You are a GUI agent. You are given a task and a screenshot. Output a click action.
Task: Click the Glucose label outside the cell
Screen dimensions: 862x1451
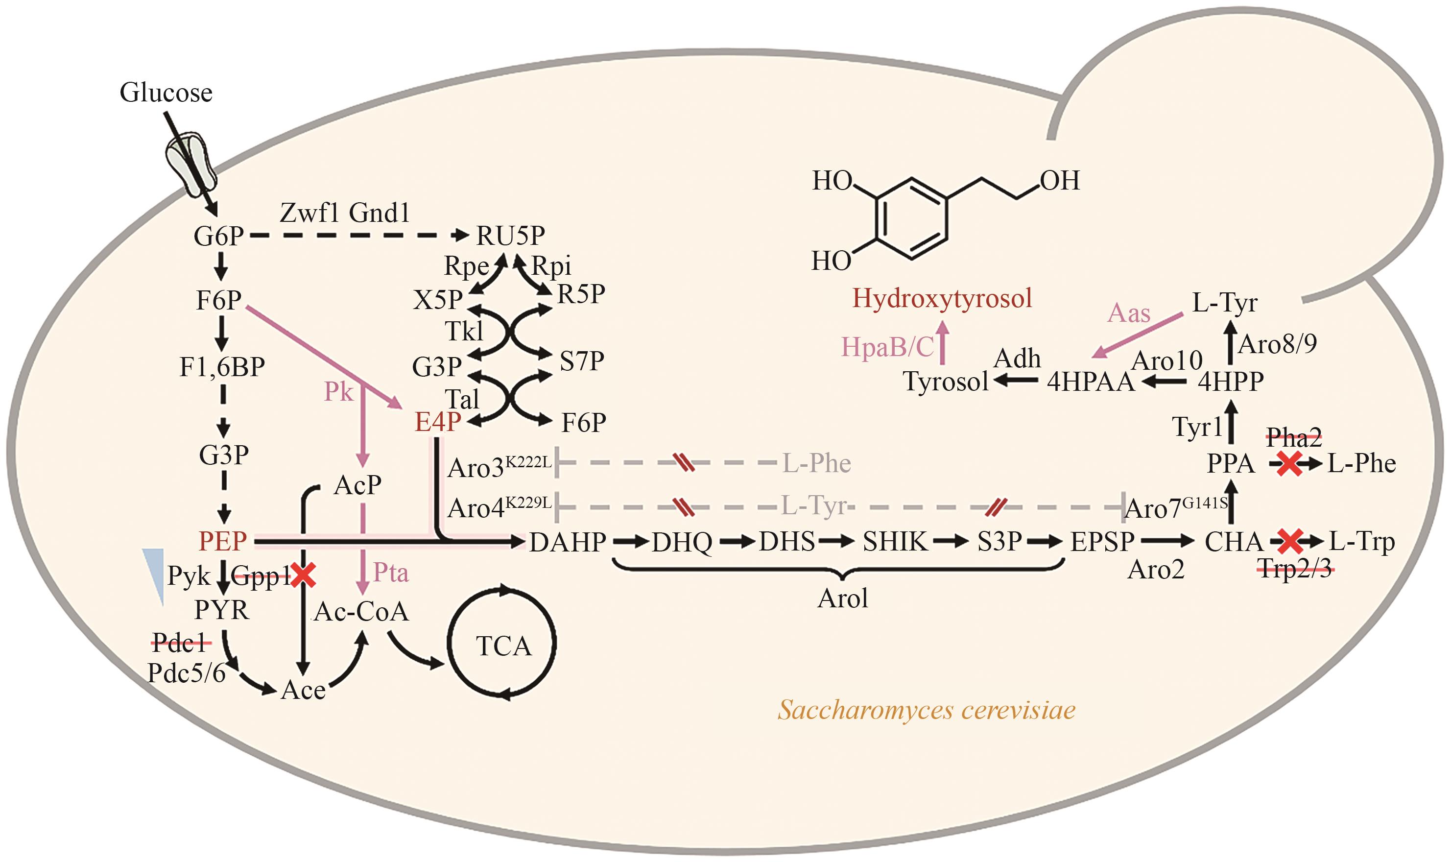(x=166, y=93)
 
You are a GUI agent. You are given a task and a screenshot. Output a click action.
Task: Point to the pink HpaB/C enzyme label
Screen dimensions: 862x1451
(x=887, y=347)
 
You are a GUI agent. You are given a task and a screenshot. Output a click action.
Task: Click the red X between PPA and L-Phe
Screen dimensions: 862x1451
(x=1289, y=464)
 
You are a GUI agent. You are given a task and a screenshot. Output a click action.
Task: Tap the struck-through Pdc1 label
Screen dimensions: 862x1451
(x=181, y=643)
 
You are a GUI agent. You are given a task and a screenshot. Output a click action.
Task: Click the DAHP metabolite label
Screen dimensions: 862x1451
(x=567, y=542)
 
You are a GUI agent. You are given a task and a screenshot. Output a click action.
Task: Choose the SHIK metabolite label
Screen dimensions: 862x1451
(x=895, y=542)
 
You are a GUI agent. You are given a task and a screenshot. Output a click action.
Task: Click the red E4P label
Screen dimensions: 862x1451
(x=438, y=422)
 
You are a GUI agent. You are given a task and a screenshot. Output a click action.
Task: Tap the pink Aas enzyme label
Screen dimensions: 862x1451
(x=1128, y=313)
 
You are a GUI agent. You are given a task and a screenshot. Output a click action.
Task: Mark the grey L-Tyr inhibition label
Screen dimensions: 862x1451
(x=813, y=506)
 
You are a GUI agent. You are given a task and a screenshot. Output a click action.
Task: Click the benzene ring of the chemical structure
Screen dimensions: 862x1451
(x=912, y=218)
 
